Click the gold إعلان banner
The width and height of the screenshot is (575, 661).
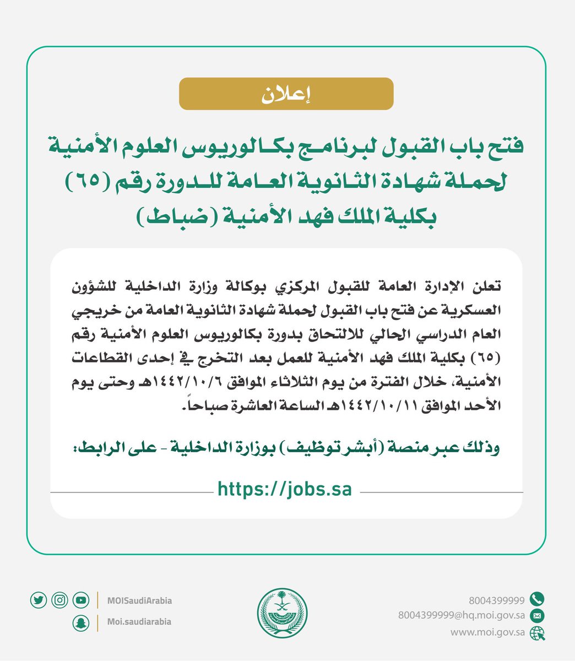[286, 94]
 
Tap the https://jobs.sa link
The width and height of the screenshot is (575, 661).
[285, 489]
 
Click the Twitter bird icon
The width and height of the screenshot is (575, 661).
[39, 600]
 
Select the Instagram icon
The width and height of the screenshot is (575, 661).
[59, 600]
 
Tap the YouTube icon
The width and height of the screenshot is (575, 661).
[80, 600]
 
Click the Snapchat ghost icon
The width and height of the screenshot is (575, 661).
[80, 622]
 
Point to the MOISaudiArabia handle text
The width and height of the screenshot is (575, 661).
[139, 600]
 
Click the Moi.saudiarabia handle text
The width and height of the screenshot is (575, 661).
[139, 622]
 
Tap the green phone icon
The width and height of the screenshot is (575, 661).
[536, 599]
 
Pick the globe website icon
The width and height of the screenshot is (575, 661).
[536, 633]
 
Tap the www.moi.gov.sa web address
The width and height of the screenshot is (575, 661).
[487, 632]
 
